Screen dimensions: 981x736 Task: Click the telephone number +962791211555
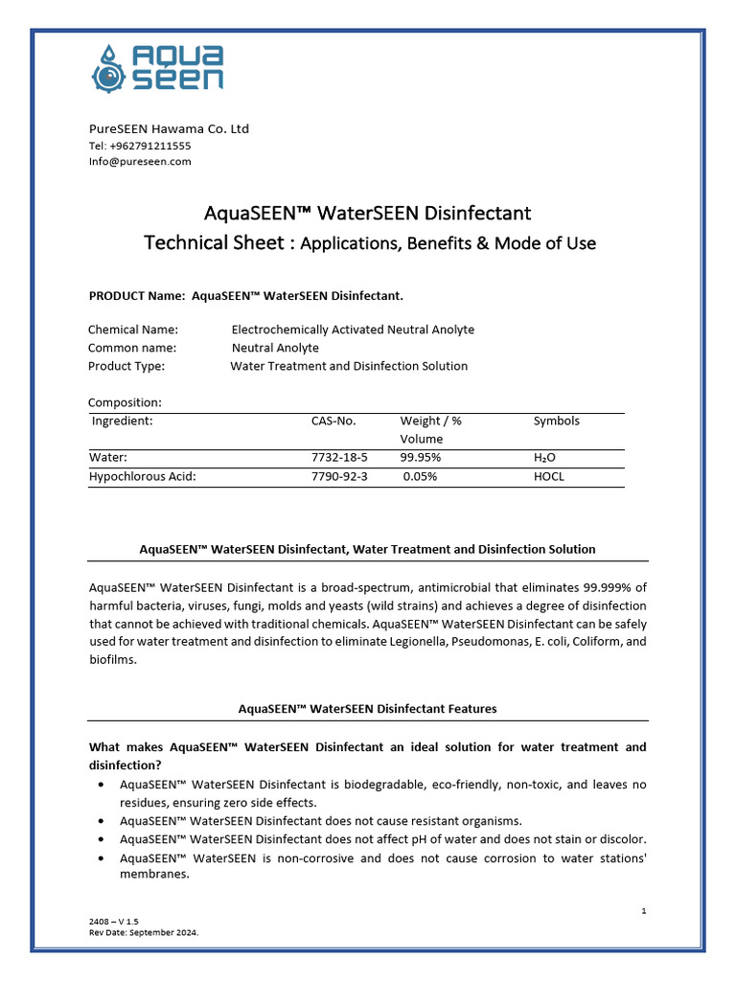pyautogui.click(x=140, y=146)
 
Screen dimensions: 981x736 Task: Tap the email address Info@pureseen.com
pyautogui.click(x=140, y=161)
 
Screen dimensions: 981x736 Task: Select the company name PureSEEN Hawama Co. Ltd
pyautogui.click(x=169, y=128)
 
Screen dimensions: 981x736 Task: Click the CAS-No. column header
pyautogui.click(x=333, y=421)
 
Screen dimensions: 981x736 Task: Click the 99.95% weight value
pyautogui.click(x=421, y=458)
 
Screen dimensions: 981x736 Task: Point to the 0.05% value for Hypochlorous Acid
pyautogui.click(x=420, y=476)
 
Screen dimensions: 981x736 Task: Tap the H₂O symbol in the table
pyautogui.click(x=544, y=458)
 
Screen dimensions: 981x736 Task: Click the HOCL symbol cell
pyautogui.click(x=549, y=476)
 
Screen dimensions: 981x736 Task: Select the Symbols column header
pyautogui.click(x=556, y=421)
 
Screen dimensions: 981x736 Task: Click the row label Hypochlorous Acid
pyautogui.click(x=142, y=476)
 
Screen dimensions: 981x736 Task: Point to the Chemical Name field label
pyautogui.click(x=133, y=330)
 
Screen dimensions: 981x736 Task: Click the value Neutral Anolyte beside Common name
pyautogui.click(x=275, y=348)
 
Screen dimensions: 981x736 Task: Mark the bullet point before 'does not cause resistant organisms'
pyautogui.click(x=103, y=821)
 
